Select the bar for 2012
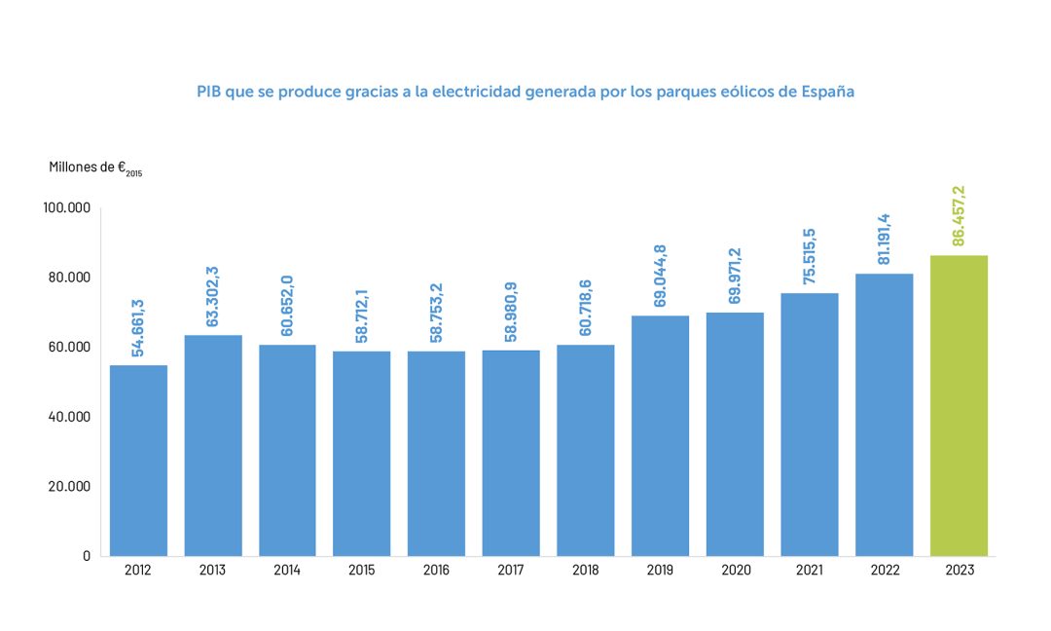[x=138, y=460]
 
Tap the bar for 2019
[x=660, y=435]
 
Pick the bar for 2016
[x=436, y=453]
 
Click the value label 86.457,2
[x=959, y=216]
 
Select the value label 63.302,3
[x=213, y=296]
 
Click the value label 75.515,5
[x=810, y=254]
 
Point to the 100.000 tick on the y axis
[x=67, y=207]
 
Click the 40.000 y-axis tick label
[x=67, y=417]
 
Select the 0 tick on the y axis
[x=86, y=556]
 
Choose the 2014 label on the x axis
[x=287, y=571]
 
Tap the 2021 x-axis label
[x=810, y=571]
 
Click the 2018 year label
[x=586, y=571]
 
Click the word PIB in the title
[x=208, y=93]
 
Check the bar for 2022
[x=884, y=414]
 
